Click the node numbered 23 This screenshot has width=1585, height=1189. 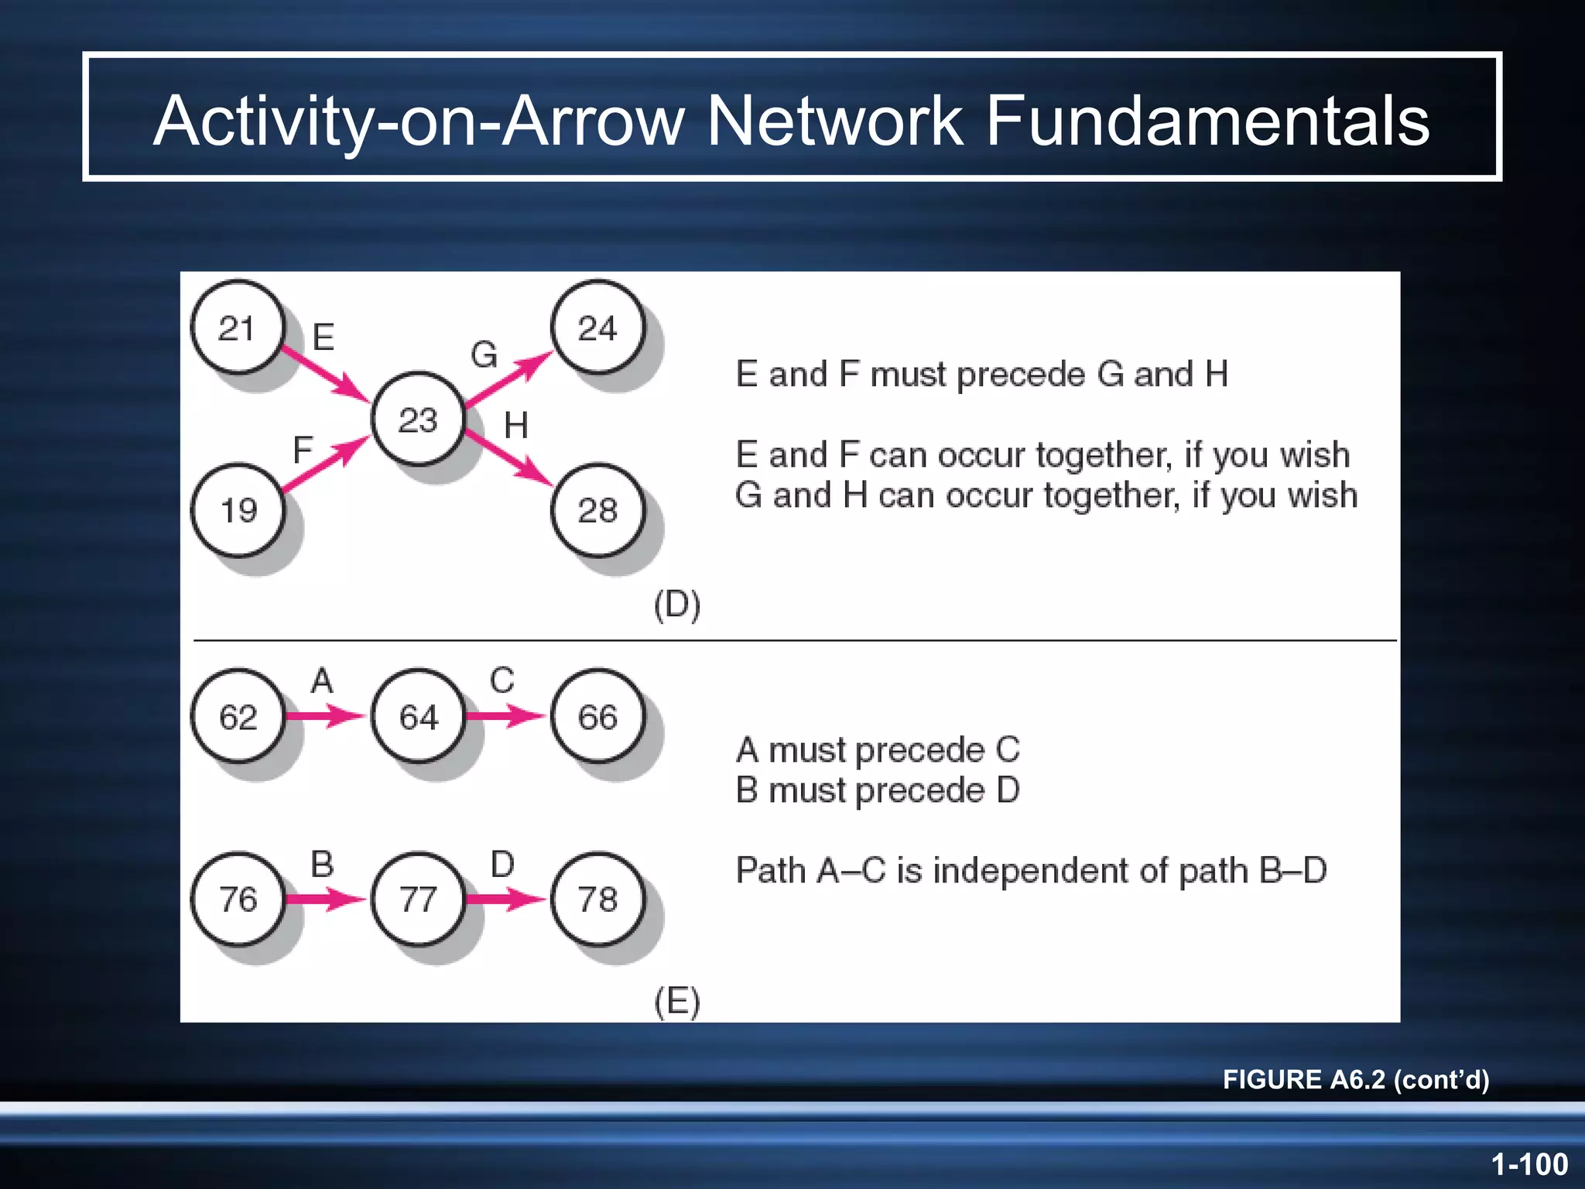418,419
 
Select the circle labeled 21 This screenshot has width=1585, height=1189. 238,327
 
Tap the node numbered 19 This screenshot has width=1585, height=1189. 238,510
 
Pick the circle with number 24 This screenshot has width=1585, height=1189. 597,327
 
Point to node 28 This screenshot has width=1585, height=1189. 597,510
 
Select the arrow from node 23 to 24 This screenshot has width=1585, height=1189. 509,379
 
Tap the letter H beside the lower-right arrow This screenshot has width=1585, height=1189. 516,426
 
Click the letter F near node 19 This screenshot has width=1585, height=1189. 302,449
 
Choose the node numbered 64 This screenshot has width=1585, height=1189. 418,716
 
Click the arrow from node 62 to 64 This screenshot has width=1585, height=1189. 325,715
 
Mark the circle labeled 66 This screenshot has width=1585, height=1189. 597,716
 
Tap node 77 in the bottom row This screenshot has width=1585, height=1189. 418,899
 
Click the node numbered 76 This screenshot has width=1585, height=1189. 238,899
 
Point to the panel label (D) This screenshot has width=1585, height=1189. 677,605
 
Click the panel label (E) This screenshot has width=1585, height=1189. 677,1002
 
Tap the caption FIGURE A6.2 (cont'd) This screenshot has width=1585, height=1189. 1355,1079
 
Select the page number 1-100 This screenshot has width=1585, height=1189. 1529,1163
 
